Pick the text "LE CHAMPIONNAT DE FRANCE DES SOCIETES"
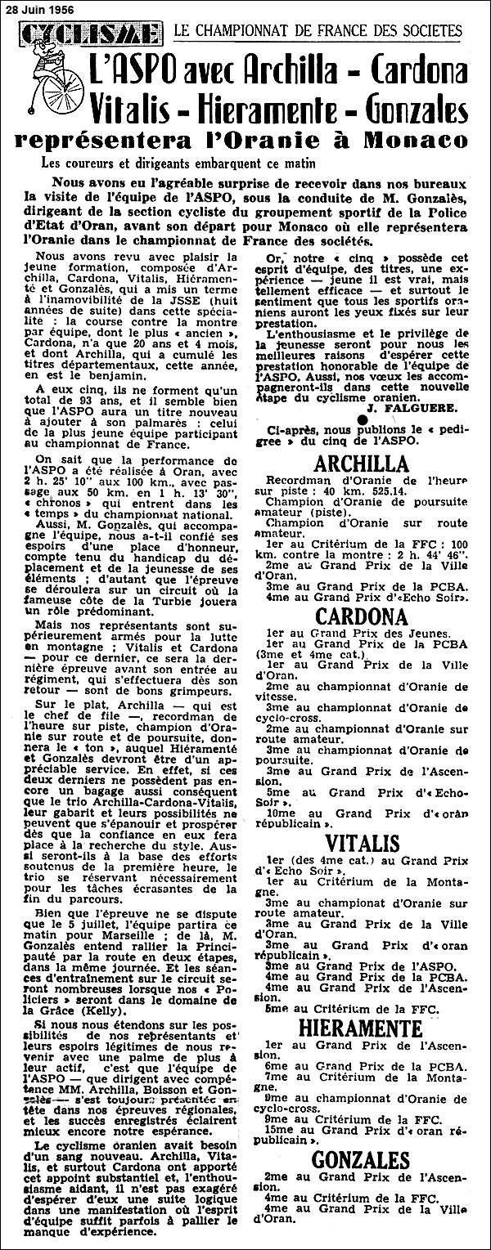[x=318, y=32]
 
